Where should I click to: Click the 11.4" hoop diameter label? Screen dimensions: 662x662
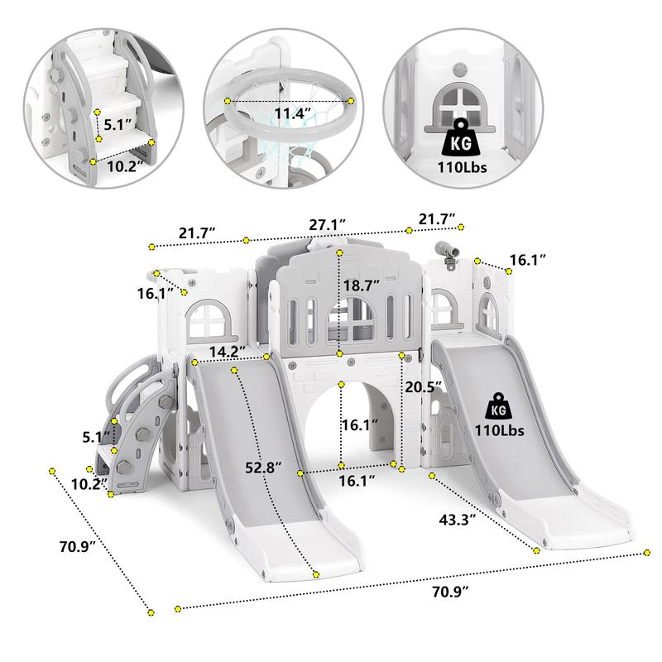[x=293, y=113]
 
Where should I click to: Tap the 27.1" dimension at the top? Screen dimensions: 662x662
[x=327, y=224]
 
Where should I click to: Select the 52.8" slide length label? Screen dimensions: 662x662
[x=264, y=468]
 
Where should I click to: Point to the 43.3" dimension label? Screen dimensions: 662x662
[x=458, y=520]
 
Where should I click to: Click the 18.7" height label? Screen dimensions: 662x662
[x=361, y=285]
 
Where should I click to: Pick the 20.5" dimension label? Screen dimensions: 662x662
[x=424, y=386]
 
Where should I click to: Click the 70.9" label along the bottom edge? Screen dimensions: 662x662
[x=450, y=592]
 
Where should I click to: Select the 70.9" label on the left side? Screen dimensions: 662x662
[x=77, y=546]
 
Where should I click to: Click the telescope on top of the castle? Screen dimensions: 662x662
[x=449, y=255]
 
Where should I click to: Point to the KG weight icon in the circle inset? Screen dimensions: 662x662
[x=460, y=137]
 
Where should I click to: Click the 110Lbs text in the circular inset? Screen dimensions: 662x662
[x=462, y=167]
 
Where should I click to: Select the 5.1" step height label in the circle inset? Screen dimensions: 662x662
[x=118, y=125]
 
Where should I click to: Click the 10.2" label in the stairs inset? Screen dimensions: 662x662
[x=122, y=166]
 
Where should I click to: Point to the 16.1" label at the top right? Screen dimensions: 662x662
[x=528, y=260]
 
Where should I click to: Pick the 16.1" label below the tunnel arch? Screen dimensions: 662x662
[x=357, y=481]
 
